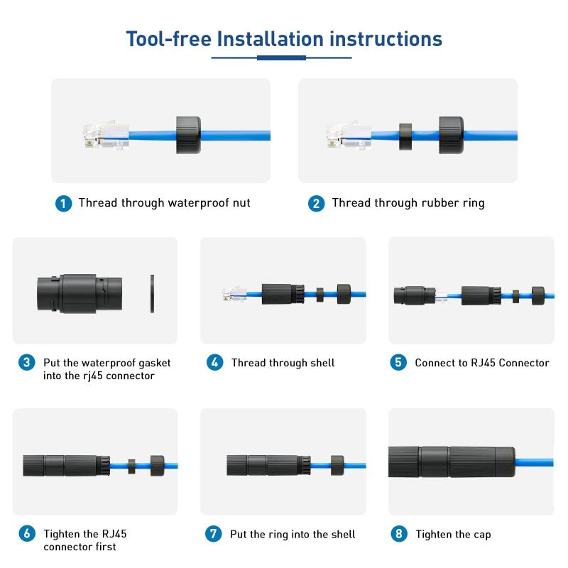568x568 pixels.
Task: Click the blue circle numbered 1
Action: (x=63, y=204)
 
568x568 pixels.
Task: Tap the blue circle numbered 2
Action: (x=316, y=204)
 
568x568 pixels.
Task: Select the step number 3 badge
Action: (x=27, y=362)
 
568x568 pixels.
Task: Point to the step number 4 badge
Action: (x=215, y=362)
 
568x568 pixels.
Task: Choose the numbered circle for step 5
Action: (x=398, y=362)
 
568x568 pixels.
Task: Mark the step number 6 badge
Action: (x=27, y=534)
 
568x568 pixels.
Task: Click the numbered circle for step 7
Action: (x=214, y=534)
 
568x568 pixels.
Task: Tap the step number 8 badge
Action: (x=399, y=534)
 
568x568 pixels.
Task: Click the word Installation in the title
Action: (x=271, y=39)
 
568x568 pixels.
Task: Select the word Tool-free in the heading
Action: (x=169, y=39)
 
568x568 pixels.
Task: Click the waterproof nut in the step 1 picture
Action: (x=188, y=135)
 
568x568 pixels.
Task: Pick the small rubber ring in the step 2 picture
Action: (x=405, y=137)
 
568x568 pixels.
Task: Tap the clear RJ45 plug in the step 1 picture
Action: (x=106, y=135)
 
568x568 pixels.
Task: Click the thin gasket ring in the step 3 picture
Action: (x=152, y=294)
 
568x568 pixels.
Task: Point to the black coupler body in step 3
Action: (x=80, y=293)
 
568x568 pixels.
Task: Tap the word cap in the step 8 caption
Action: (x=482, y=535)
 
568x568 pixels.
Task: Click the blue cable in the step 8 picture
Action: (x=535, y=462)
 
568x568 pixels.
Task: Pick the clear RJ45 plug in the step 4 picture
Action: (x=235, y=293)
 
